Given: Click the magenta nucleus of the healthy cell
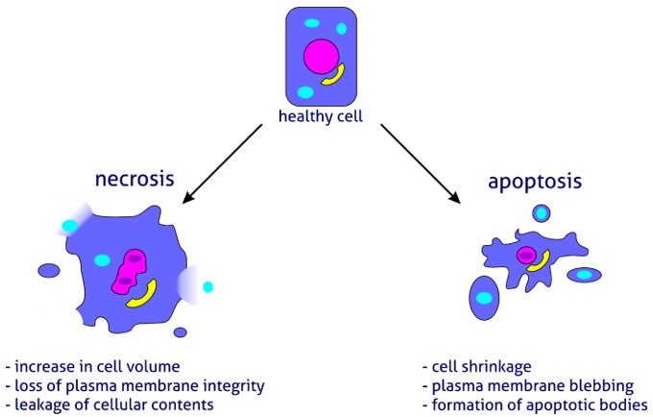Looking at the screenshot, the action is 321,57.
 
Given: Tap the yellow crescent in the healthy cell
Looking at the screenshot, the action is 334,76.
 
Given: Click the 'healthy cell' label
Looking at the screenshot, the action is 320,116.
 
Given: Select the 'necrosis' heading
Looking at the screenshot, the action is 134,179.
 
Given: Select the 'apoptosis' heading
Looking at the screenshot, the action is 535,182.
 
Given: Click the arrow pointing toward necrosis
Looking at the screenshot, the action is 222,164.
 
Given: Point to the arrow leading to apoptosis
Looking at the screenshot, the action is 421,164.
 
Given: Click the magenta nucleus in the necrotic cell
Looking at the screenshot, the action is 129,272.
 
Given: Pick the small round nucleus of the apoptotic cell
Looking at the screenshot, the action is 526,255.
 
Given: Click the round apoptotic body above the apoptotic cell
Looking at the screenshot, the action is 541,213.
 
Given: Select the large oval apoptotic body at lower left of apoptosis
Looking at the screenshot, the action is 484,298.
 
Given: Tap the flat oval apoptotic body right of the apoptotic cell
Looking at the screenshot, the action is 584,275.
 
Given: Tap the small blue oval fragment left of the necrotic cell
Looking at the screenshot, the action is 49,270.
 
